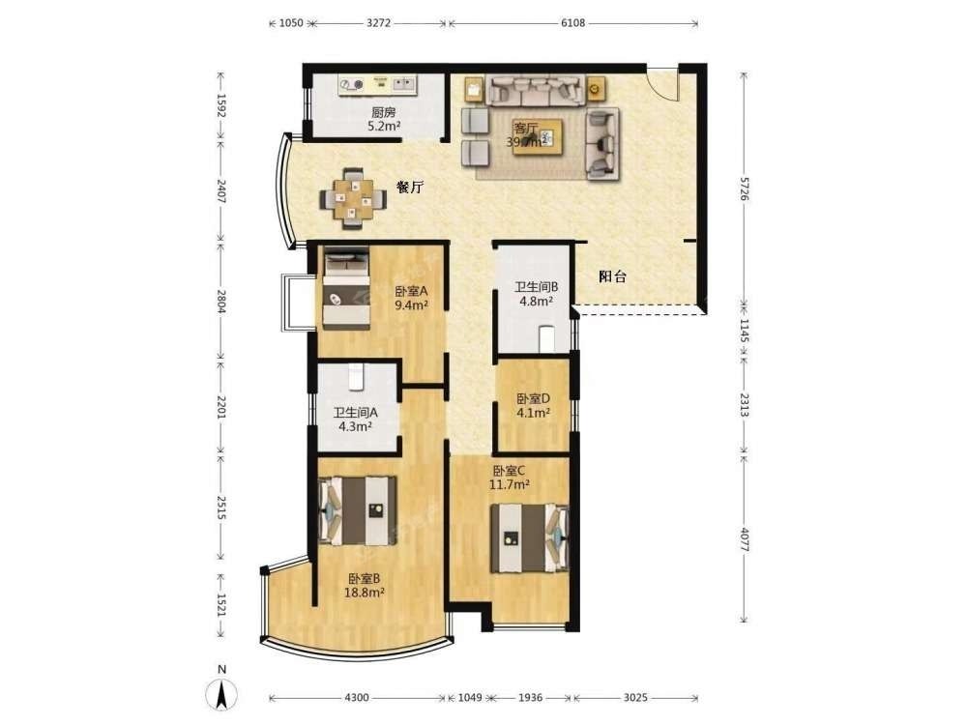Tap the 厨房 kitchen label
(384, 112)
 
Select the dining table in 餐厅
(353, 199)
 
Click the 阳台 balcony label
(612, 276)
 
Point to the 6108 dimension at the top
(572, 23)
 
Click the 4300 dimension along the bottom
(357, 697)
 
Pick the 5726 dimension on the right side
(744, 188)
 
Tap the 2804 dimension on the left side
(220, 302)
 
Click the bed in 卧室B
(357, 510)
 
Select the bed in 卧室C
(530, 538)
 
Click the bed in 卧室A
(346, 287)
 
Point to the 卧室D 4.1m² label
(534, 406)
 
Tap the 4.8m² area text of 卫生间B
(536, 302)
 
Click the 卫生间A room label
(355, 413)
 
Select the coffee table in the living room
(538, 136)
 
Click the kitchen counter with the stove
(378, 84)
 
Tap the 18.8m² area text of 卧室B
(365, 593)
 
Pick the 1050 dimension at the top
(291, 23)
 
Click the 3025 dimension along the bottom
(635, 697)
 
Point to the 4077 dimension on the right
(744, 539)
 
